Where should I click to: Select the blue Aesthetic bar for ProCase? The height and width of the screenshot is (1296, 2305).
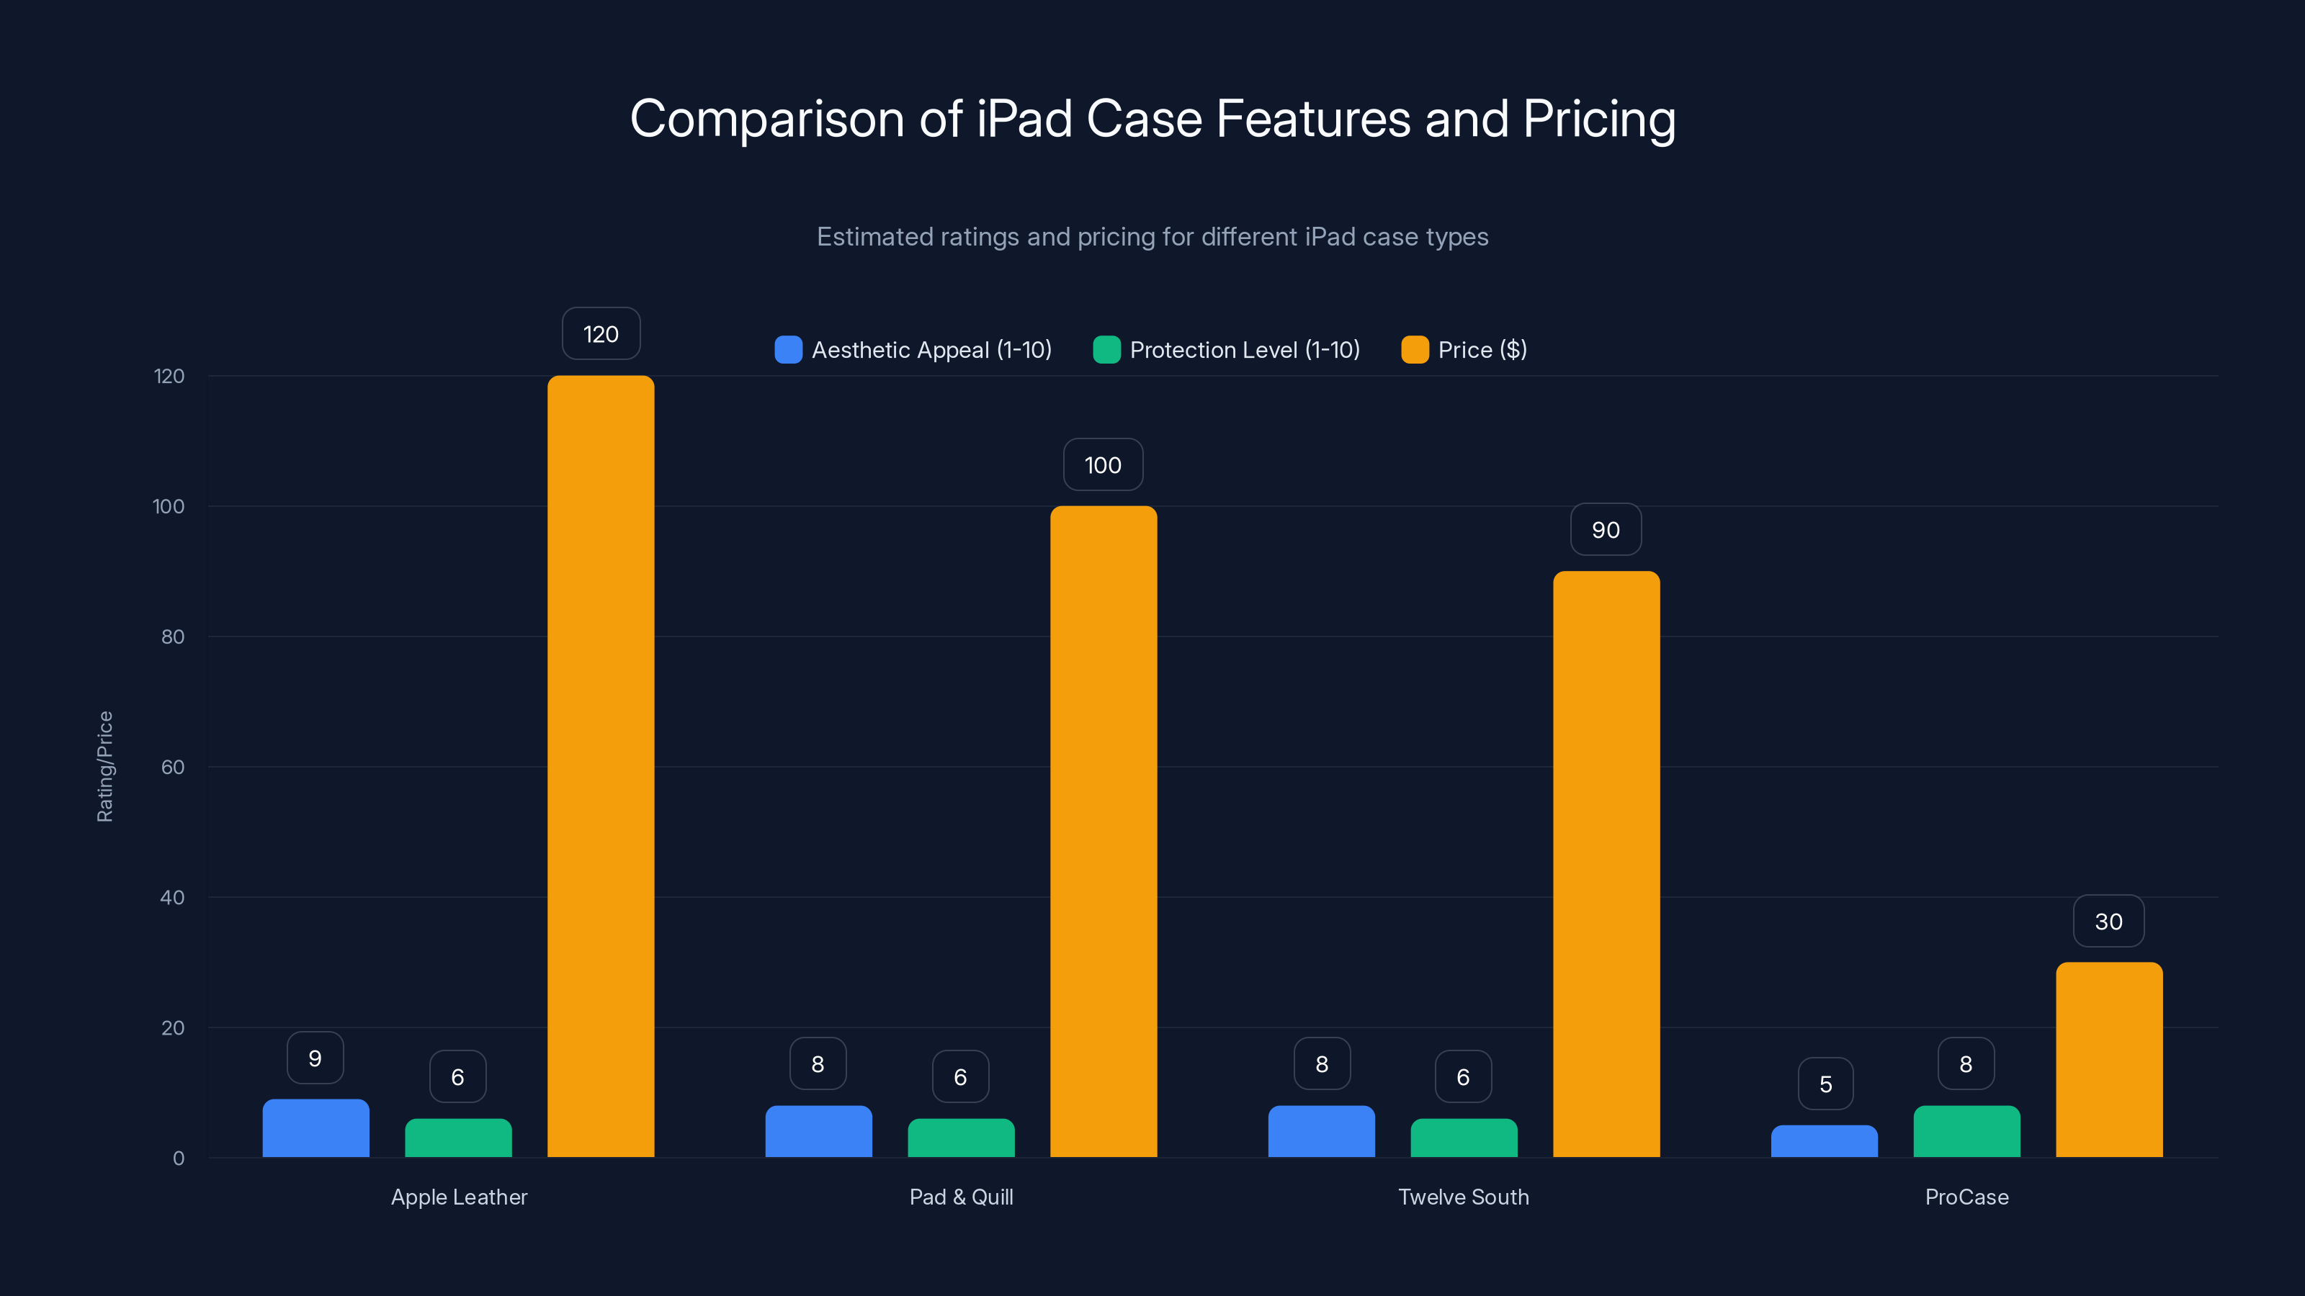pos(1824,1141)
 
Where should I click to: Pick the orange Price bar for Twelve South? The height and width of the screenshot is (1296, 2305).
pos(1606,864)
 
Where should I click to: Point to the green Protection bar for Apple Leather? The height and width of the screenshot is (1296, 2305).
pos(458,1138)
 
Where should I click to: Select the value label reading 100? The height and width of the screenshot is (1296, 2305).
pos(1102,465)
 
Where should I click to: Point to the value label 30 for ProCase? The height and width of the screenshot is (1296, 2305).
pos(2108,922)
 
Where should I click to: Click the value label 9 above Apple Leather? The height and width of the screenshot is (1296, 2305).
pos(315,1058)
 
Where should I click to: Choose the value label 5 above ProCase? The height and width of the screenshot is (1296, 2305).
pos(1825,1084)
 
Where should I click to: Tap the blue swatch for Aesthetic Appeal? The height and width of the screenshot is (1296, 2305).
pos(788,350)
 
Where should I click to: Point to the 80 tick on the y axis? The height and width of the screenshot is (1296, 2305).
pos(173,636)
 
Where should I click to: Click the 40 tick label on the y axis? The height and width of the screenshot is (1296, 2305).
pos(172,897)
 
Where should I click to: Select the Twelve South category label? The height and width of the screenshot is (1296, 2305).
pos(1463,1197)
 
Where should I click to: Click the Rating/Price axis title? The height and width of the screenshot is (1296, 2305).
pos(104,767)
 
